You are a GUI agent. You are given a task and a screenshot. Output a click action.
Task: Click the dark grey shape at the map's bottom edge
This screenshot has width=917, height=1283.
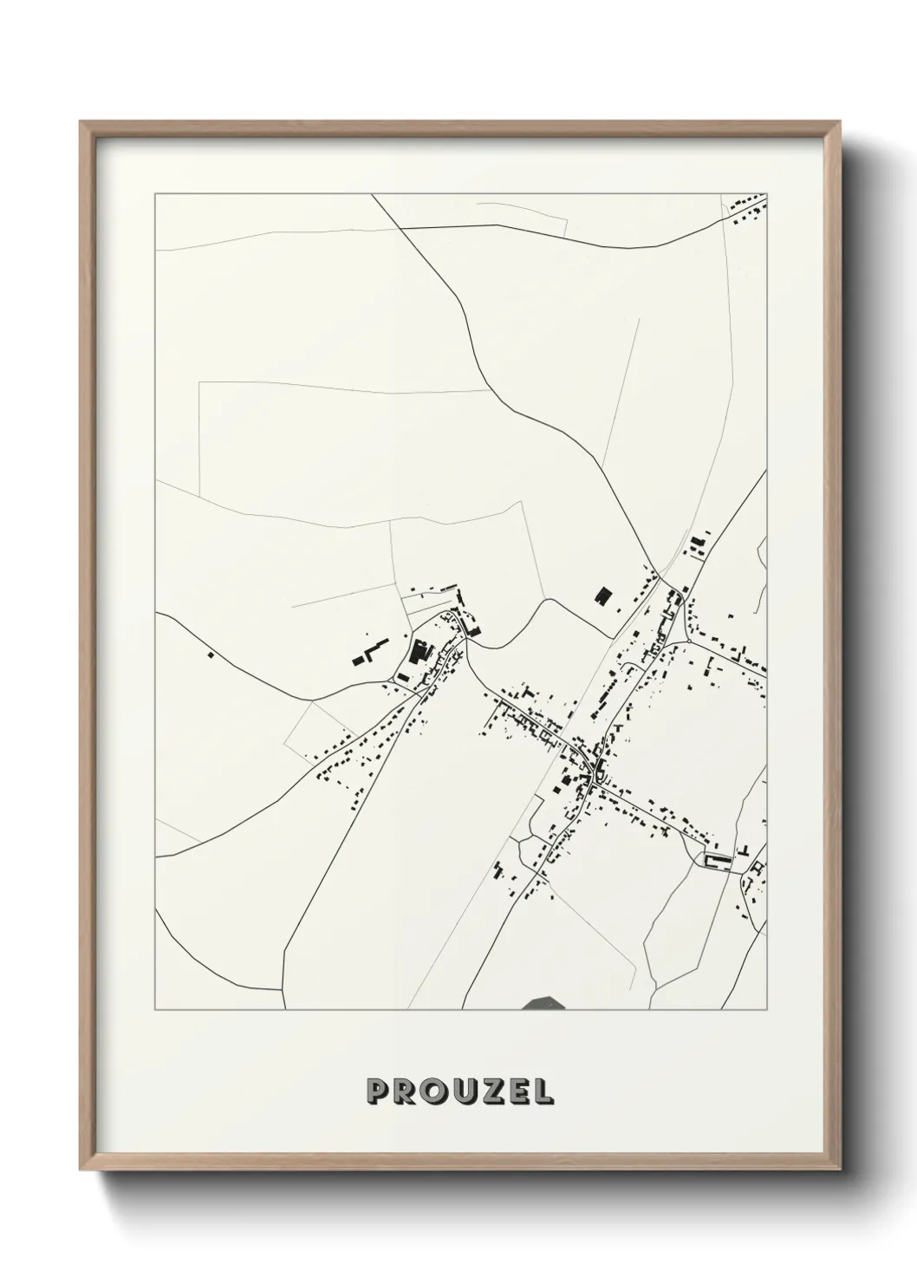click(x=544, y=1003)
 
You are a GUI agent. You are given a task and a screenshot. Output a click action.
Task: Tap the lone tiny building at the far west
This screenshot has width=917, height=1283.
click(x=210, y=655)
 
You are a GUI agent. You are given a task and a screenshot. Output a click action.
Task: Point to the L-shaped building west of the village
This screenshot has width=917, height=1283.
click(x=370, y=652)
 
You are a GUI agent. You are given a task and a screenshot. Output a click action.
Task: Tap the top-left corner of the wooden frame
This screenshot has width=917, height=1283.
click(x=81, y=122)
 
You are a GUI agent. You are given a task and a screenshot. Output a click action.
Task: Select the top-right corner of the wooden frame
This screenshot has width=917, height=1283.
click(x=837, y=122)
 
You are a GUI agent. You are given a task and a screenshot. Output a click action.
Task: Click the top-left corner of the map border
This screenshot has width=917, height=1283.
click(x=155, y=194)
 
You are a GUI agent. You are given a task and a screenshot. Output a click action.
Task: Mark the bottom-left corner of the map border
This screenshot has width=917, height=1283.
click(x=155, y=1010)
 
